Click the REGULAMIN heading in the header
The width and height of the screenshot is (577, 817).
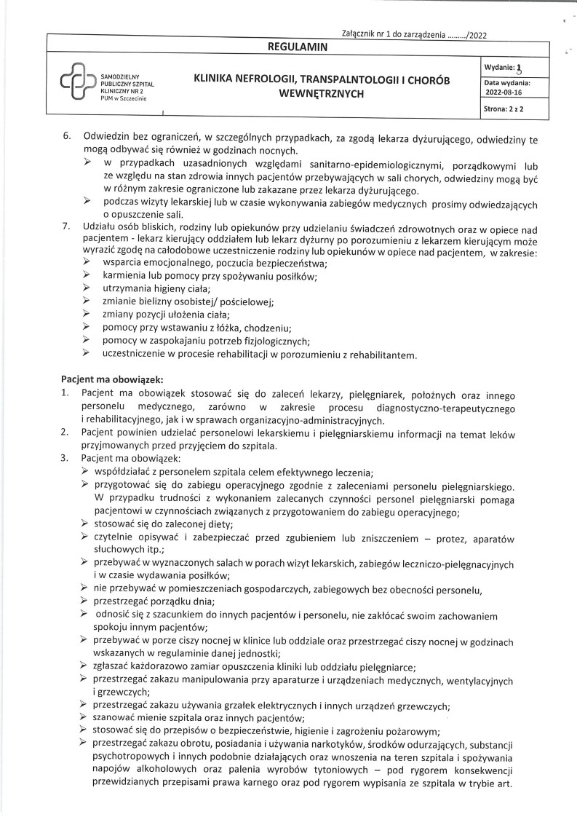point(298,47)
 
